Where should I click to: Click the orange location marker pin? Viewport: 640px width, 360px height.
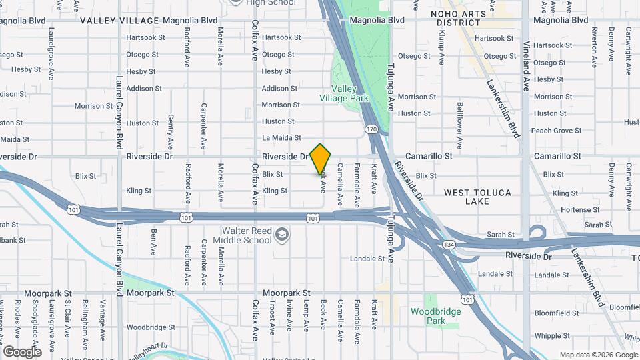point(321,159)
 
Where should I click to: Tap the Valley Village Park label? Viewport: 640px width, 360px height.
point(350,93)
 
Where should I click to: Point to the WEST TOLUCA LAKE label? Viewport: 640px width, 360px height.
point(478,197)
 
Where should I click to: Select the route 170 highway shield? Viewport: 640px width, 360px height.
point(371,129)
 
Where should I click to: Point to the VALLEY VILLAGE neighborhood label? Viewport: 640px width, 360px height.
point(119,21)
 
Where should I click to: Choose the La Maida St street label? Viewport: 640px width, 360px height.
point(281,138)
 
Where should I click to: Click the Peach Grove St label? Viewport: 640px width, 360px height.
point(556,131)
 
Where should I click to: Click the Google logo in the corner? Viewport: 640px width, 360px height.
point(22,351)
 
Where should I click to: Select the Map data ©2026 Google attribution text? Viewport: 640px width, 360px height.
point(598,355)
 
